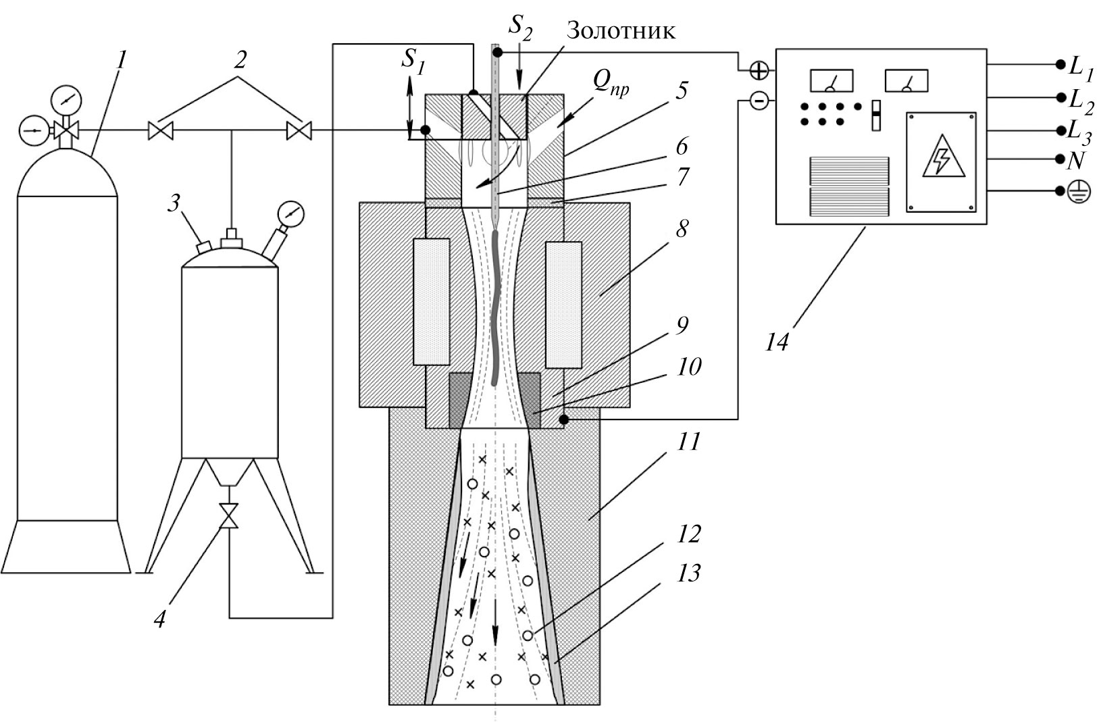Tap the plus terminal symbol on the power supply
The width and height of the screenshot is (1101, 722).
[x=759, y=70]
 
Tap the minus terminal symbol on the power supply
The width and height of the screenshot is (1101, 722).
[x=759, y=102]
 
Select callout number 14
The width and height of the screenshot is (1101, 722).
[x=777, y=342]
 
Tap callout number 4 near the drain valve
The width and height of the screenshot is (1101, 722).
[x=159, y=618]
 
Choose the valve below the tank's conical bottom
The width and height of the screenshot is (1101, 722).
[x=230, y=516]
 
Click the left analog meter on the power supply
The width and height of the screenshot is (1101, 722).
[x=831, y=81]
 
